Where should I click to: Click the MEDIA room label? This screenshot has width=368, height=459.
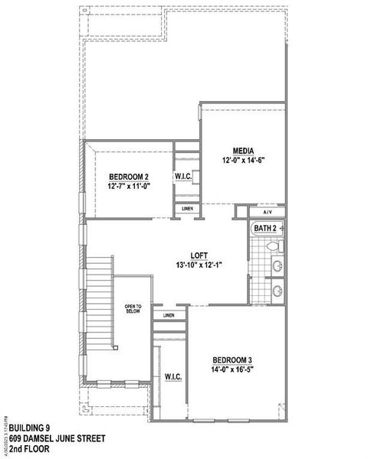point(244,151)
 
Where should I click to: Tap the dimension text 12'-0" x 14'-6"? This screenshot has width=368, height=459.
point(244,161)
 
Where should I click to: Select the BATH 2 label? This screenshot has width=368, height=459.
point(264,228)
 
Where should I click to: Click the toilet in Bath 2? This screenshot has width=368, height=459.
point(278,247)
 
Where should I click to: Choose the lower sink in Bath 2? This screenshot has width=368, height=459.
point(277,291)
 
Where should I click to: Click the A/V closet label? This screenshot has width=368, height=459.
point(268,212)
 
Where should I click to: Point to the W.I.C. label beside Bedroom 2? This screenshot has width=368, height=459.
point(183,177)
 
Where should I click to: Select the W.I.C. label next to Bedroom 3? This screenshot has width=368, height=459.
point(172,376)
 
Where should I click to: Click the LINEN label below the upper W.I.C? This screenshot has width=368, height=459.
point(187,208)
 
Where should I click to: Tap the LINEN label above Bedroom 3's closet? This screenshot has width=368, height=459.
point(168,314)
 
